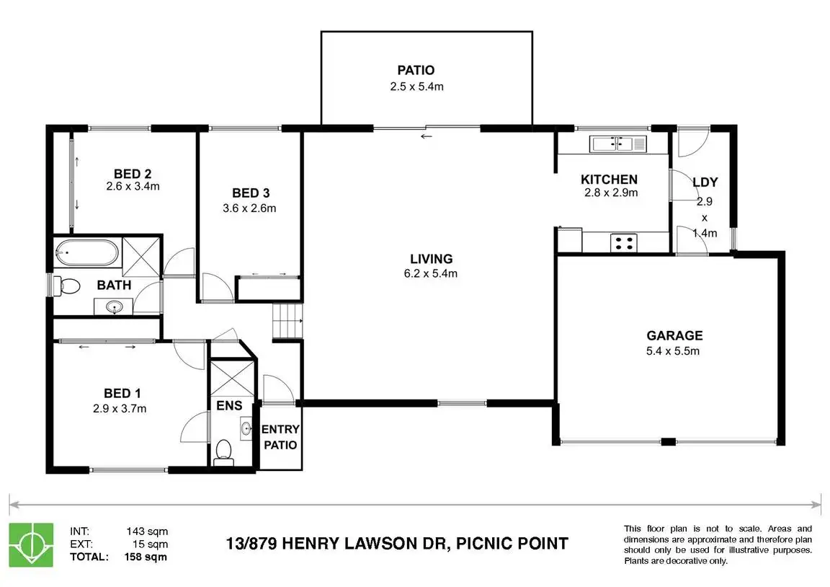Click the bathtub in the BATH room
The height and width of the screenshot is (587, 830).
(x=86, y=252)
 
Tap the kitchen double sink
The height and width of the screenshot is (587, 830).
(x=618, y=144)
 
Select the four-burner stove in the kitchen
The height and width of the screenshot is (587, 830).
(x=623, y=243)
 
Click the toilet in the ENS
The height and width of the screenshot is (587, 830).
(x=224, y=452)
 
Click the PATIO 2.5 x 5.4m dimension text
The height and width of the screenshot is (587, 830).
(x=416, y=87)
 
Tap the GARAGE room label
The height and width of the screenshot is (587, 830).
(x=674, y=335)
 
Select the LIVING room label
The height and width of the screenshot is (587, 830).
(x=432, y=259)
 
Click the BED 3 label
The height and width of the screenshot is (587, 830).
(x=251, y=193)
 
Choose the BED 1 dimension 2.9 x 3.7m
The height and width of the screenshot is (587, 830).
(x=120, y=408)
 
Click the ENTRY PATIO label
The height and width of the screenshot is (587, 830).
(x=280, y=437)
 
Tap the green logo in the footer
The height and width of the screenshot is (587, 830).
(x=31, y=544)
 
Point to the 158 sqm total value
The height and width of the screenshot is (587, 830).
(x=146, y=557)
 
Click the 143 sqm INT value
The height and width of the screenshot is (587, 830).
(x=147, y=531)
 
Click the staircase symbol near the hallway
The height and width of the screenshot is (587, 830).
(x=287, y=321)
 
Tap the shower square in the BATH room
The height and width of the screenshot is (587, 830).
(x=140, y=257)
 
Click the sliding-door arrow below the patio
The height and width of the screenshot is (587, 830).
(x=427, y=137)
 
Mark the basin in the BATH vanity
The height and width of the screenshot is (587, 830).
(x=114, y=306)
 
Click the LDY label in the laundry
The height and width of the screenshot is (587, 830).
(x=705, y=182)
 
